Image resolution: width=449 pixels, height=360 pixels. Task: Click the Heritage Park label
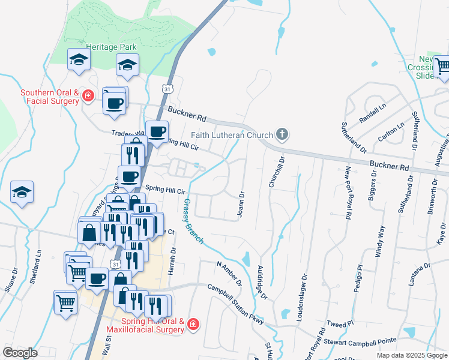[x=111, y=47]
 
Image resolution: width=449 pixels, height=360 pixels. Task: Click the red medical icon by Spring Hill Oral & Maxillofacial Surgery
[x=193, y=325]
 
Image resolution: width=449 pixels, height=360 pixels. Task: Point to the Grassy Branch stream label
[x=193, y=221]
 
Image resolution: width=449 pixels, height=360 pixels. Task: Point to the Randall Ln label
[x=373, y=111]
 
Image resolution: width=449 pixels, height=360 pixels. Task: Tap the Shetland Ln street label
[x=38, y=266]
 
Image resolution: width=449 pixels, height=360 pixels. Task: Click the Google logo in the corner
[x=20, y=352]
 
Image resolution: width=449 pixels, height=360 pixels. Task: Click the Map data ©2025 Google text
[x=412, y=355]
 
